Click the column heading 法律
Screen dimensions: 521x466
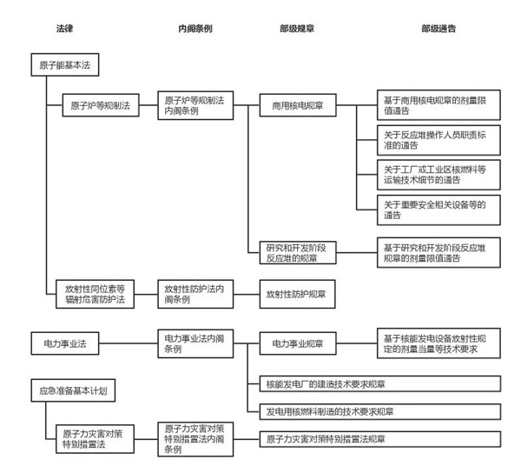(64, 29)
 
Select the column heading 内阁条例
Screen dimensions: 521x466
(195, 29)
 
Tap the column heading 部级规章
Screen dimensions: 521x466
(297, 29)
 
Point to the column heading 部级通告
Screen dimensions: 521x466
(439, 29)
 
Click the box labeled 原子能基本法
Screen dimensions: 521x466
(65, 65)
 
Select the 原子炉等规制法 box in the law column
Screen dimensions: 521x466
(101, 105)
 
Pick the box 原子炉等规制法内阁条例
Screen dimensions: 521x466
(195, 105)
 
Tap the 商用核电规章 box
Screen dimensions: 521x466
(298, 105)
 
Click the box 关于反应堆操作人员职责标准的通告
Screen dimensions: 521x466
(439, 140)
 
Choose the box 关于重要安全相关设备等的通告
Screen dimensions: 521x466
(439, 210)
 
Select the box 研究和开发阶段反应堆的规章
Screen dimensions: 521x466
(298, 253)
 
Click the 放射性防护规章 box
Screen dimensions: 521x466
(297, 294)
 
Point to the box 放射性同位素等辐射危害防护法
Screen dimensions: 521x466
(95, 294)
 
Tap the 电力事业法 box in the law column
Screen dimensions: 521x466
(65, 343)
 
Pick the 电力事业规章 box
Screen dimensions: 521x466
(298, 343)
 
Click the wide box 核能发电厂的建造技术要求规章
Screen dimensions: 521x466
(380, 384)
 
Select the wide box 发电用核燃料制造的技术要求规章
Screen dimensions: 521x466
(380, 412)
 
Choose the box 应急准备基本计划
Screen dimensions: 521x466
(73, 390)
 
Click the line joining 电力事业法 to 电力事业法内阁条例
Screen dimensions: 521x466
(129, 343)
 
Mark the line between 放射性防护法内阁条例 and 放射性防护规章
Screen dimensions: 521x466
(247, 294)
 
